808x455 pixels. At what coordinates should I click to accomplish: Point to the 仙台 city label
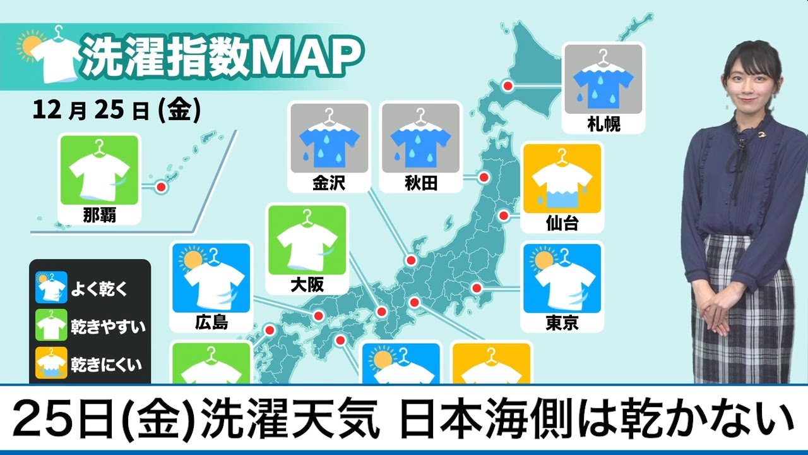click(x=562, y=223)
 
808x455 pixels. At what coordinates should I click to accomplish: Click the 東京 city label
click(x=562, y=324)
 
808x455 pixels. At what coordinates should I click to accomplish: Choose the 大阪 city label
click(x=308, y=285)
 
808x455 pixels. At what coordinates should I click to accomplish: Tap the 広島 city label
click(x=211, y=324)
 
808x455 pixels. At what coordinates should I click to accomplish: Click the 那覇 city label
click(x=98, y=215)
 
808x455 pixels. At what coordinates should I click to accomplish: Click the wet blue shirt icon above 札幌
click(x=602, y=82)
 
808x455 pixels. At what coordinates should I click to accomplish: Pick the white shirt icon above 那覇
click(x=98, y=173)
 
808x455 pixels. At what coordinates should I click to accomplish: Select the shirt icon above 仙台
click(x=562, y=183)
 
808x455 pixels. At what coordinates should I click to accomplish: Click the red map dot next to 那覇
click(x=160, y=187)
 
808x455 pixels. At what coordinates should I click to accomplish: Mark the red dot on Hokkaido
click(x=507, y=86)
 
